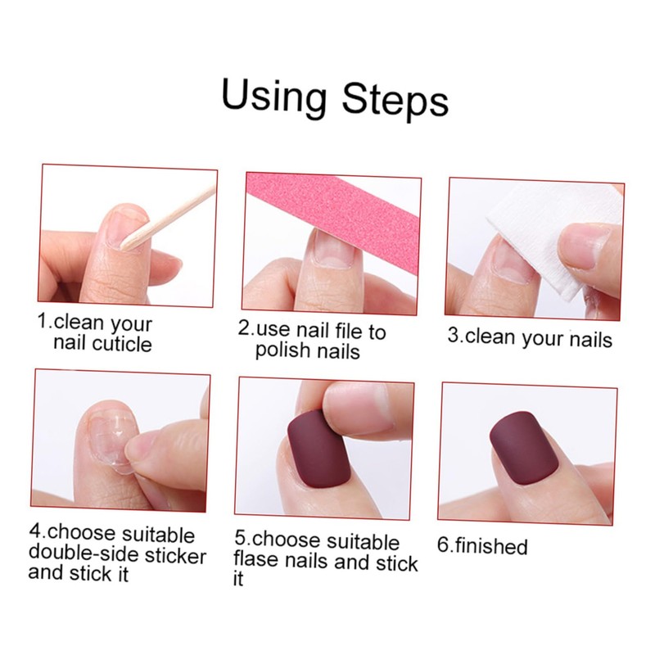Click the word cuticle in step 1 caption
pyautogui.click(x=123, y=344)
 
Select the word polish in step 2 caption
pyautogui.click(x=279, y=350)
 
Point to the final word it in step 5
pyautogui.click(x=238, y=580)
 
